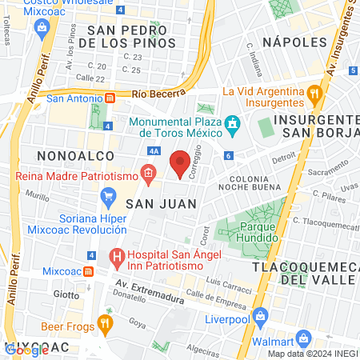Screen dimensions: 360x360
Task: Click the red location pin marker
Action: [x=181, y=163]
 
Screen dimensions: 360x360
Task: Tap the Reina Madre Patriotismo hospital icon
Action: [x=147, y=172]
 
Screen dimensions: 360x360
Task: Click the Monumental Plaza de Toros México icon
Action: [x=233, y=123]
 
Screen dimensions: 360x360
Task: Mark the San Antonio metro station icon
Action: [x=110, y=98]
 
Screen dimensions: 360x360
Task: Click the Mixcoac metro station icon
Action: [x=89, y=270]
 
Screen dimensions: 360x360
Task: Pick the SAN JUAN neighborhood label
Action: [x=149, y=204]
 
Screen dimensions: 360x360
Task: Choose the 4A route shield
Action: [x=154, y=150]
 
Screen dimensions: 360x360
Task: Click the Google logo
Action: [x=26, y=350]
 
